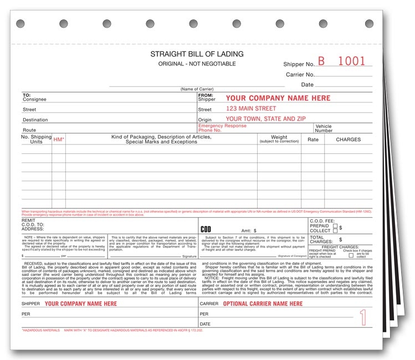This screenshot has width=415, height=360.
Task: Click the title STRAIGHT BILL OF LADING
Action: point(197,54)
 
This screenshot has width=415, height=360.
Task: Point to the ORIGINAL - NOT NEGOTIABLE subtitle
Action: point(197,64)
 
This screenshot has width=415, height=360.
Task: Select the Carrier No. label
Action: point(300,74)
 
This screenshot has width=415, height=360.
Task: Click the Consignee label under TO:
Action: point(34,100)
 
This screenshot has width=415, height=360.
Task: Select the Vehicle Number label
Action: point(324,128)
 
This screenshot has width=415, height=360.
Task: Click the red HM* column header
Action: point(59,140)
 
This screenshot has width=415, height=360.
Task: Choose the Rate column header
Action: point(313,140)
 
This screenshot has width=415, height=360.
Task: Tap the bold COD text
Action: point(206,229)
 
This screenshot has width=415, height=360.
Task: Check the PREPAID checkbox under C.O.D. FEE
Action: point(335,225)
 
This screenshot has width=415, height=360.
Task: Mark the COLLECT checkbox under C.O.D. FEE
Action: point(335,231)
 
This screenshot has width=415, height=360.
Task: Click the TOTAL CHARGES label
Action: point(321,240)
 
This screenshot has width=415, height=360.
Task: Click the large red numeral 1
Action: point(363,317)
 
